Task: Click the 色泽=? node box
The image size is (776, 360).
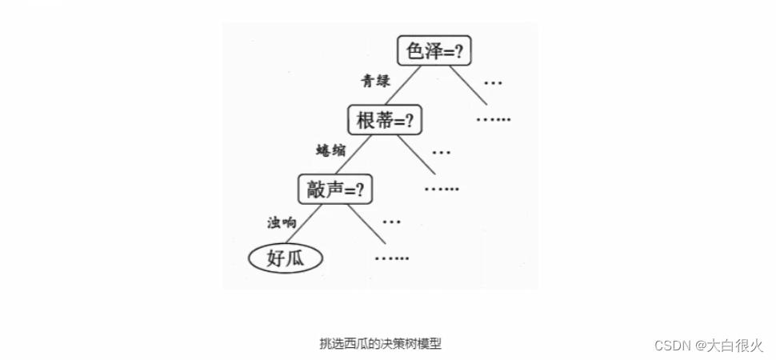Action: [434, 51]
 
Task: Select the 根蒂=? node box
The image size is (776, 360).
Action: [384, 120]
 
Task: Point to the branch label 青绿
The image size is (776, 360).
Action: [377, 81]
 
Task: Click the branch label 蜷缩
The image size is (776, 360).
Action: [330, 150]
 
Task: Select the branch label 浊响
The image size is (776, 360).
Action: [282, 222]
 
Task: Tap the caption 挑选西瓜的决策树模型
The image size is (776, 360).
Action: [380, 344]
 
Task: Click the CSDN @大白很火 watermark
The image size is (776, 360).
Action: [709, 345]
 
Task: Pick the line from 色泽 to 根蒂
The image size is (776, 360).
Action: [402, 86]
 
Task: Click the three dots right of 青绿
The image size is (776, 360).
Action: [493, 83]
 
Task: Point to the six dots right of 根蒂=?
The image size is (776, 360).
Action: [493, 120]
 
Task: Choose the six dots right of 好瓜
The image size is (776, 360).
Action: [391, 258]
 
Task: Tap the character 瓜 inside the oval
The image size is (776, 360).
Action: [301, 258]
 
